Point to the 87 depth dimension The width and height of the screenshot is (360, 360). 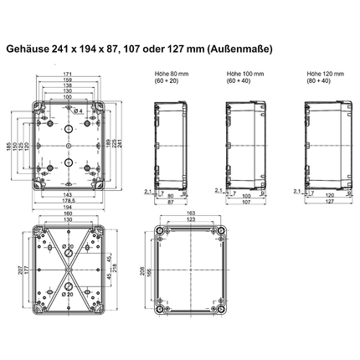170,202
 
